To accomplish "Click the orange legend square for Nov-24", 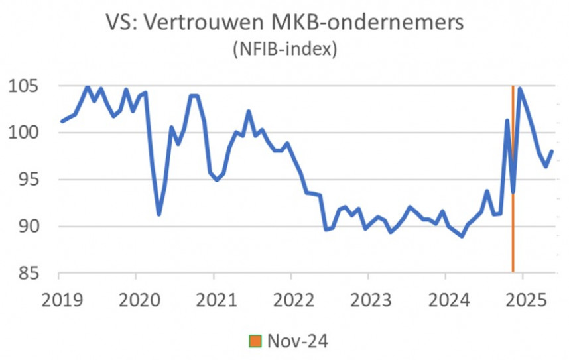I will (254, 341).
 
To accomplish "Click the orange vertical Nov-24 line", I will (513, 232).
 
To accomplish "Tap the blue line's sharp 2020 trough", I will (158, 214).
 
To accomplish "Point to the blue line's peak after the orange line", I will (521, 88).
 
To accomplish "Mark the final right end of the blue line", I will (552, 151).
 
